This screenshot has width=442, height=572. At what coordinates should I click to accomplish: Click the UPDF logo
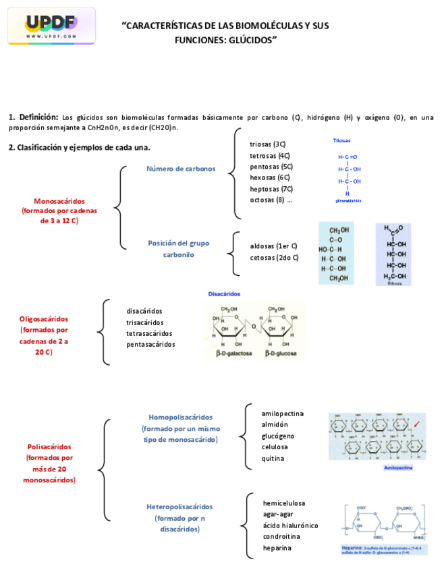coord(51,26)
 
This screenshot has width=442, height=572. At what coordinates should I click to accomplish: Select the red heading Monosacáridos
coord(59,201)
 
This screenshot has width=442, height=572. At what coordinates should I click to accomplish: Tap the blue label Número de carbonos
coord(182,169)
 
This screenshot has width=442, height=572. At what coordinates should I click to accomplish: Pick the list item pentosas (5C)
coord(271,166)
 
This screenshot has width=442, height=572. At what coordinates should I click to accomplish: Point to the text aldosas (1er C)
coord(274,246)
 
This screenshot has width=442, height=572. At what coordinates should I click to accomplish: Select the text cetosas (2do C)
coord(275,258)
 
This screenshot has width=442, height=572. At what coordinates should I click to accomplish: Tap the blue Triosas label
coord(341,141)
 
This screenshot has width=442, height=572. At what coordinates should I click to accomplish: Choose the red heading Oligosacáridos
coord(44,319)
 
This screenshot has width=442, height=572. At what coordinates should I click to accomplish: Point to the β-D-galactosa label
coord(234,353)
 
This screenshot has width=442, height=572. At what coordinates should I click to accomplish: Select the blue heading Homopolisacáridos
coord(180,417)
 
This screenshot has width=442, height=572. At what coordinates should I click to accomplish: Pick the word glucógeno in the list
coord(278,436)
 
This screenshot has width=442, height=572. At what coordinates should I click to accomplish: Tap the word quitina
coord(273,459)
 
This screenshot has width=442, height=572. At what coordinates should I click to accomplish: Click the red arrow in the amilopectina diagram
coord(417,424)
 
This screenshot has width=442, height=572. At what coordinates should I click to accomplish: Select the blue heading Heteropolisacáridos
coord(179,507)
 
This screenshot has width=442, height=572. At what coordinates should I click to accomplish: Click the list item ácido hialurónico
coord(291,525)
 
